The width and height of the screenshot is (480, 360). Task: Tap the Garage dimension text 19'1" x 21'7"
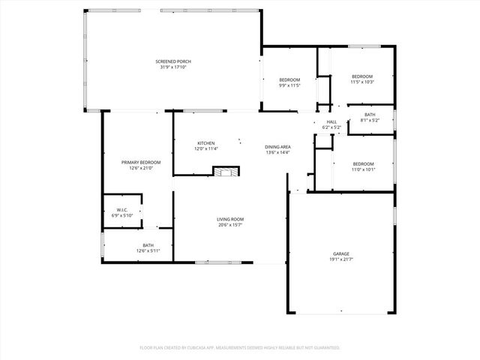340,259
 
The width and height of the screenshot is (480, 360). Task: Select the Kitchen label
206,143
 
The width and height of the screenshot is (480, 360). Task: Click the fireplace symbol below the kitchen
225,171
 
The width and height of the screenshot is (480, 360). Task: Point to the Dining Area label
277,147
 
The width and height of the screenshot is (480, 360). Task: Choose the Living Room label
231,219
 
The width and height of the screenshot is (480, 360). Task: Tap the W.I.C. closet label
121,210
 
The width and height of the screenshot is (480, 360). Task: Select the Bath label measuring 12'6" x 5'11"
148,245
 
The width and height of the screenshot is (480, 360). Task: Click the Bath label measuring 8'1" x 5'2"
370,115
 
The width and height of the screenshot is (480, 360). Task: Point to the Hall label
331,121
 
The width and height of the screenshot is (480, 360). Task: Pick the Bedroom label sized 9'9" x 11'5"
289,79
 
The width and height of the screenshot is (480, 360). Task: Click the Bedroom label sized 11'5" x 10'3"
362,76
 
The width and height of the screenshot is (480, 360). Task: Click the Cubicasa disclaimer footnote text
240,347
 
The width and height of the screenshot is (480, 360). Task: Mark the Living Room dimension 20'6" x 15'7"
231,225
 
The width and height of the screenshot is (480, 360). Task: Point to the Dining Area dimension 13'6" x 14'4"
277,153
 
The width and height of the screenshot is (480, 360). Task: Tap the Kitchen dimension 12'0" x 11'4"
206,149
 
